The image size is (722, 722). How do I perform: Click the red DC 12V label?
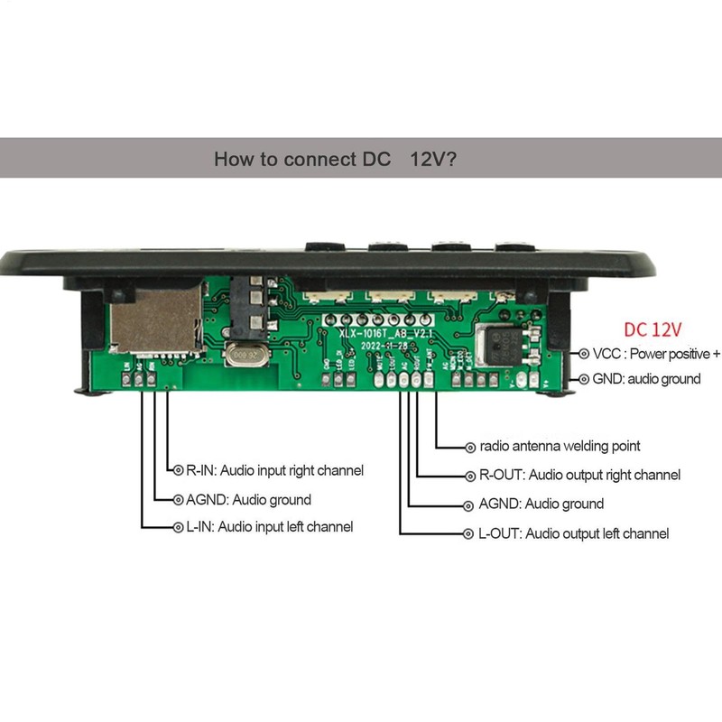click(x=653, y=329)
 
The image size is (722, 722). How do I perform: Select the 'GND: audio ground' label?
click(x=646, y=379)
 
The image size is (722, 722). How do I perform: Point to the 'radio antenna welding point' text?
click(x=560, y=446)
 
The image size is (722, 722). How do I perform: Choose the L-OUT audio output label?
click(x=573, y=533)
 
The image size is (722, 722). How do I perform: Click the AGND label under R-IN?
click(x=247, y=499)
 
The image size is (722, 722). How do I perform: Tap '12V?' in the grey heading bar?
click(x=432, y=160)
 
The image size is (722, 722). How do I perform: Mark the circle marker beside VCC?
click(x=584, y=353)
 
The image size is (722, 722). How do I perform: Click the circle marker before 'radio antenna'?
click(x=469, y=446)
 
